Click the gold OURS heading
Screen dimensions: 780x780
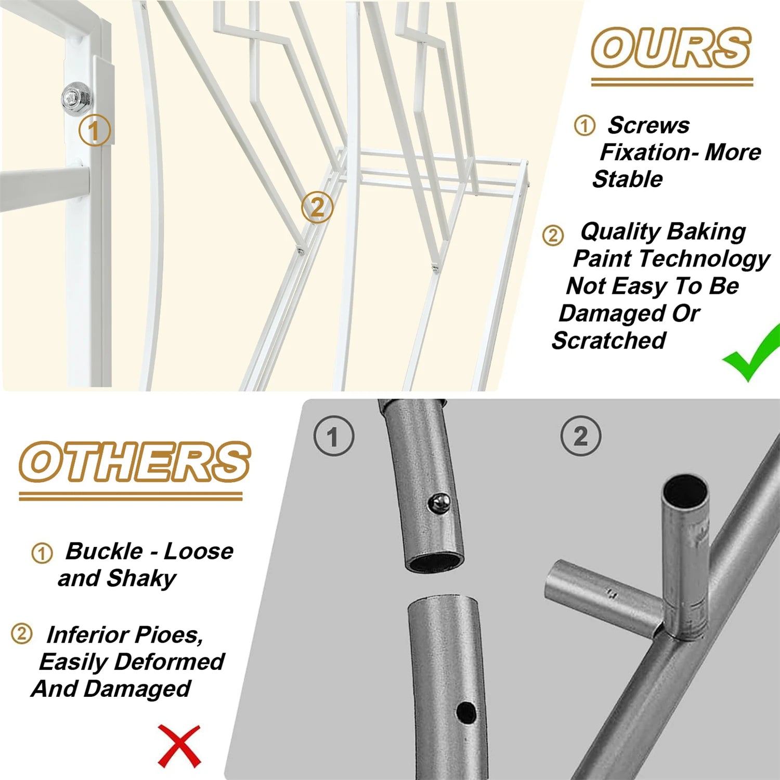[x=671, y=48]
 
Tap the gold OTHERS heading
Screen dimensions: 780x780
[x=135, y=462]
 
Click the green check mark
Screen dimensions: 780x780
[x=752, y=353]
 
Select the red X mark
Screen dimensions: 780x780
[x=179, y=746]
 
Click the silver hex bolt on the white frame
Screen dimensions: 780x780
[x=77, y=97]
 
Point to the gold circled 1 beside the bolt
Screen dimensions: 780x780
[x=95, y=130]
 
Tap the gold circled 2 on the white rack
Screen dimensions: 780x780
[x=317, y=207]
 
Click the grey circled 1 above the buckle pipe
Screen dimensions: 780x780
[x=334, y=436]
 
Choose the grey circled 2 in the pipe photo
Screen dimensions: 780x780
[x=581, y=436]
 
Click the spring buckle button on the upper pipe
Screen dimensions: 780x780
[x=440, y=502]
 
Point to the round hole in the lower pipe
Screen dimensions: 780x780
[x=466, y=713]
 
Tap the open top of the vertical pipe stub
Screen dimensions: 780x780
[x=685, y=489]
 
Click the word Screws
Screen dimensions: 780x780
[x=648, y=125]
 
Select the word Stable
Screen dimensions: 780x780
[x=628, y=179]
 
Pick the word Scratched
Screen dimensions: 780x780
[x=609, y=341]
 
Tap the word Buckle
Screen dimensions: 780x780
[x=104, y=551]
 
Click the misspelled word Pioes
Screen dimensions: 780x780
[x=167, y=635]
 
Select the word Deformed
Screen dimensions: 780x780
[x=170, y=662]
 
